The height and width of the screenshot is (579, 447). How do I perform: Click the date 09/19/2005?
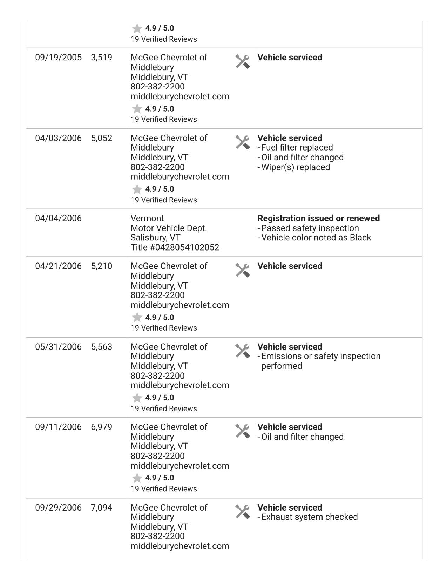[58, 58]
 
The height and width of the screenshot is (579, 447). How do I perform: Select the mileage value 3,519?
[101, 58]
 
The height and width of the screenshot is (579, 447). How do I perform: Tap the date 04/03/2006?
[58, 138]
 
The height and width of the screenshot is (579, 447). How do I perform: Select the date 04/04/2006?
[58, 218]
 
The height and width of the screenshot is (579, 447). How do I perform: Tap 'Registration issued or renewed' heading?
[318, 218]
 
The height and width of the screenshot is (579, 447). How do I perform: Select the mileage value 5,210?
[101, 266]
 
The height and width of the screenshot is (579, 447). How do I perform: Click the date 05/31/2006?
[58, 347]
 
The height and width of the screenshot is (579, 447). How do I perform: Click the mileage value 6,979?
[101, 427]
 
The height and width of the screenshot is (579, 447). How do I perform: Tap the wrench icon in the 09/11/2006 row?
[242, 431]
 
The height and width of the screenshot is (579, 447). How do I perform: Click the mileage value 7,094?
[101, 507]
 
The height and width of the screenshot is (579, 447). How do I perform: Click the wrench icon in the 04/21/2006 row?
[242, 270]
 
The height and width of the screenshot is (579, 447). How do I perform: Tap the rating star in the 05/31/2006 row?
[137, 398]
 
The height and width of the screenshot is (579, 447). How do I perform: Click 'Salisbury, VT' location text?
[155, 238]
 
